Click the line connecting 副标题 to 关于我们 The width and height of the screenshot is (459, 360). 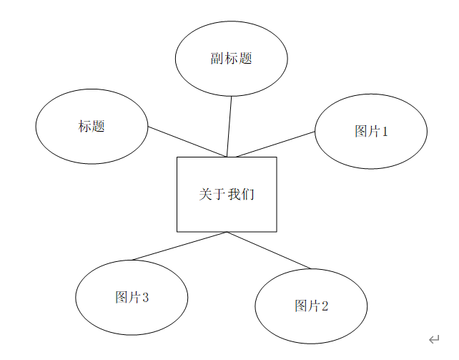[229, 126]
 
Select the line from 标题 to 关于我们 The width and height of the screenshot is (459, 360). [187, 142]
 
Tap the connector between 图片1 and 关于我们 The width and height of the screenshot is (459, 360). [276, 144]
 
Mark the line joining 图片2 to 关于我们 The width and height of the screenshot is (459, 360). [269, 250]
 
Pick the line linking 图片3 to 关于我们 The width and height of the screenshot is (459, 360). [179, 246]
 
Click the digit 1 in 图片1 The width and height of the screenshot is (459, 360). [385, 132]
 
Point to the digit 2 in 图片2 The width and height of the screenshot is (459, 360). [325, 306]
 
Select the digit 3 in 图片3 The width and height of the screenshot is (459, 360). [145, 298]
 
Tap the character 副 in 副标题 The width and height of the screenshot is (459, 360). [217, 59]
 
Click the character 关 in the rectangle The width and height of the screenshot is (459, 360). [205, 194]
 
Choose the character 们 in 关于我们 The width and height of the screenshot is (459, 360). [248, 194]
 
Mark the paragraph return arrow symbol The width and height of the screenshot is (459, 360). [434, 339]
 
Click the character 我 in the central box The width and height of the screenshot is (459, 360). [234, 194]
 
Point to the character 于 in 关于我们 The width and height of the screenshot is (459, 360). [219, 194]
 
